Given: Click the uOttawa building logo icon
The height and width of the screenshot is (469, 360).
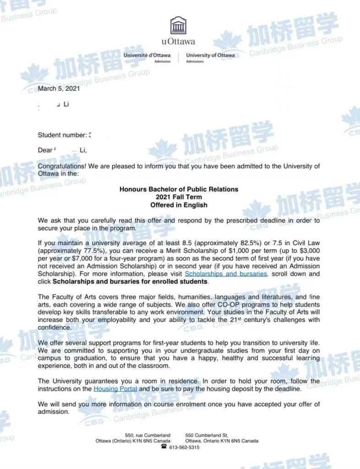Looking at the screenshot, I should pyautogui.click(x=178, y=26).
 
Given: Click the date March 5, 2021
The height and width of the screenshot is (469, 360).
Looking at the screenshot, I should pyautogui.click(x=59, y=88).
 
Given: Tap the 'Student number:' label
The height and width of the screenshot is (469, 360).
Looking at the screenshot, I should pyautogui.click(x=62, y=135).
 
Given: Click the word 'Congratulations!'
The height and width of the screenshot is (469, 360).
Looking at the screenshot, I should pyautogui.click(x=61, y=166).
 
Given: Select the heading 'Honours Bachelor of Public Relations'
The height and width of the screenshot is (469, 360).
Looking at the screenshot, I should pyautogui.click(x=179, y=189).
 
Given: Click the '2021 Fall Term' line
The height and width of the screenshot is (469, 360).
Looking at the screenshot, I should pyautogui.click(x=179, y=197).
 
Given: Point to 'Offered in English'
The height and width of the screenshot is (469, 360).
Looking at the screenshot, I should pyautogui.click(x=179, y=205).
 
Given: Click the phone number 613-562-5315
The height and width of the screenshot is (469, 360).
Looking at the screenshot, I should pyautogui.click(x=184, y=447).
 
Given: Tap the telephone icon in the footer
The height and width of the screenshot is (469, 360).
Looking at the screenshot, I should pyautogui.click(x=164, y=447).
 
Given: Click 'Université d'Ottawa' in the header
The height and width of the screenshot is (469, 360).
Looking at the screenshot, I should pyautogui.click(x=147, y=55).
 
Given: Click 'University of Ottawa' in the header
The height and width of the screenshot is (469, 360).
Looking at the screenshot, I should pyautogui.click(x=210, y=55).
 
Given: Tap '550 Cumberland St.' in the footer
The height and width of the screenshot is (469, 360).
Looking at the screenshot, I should pyautogui.click(x=207, y=435).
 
